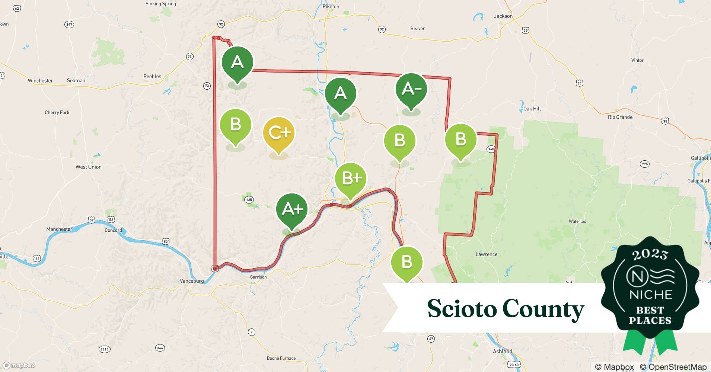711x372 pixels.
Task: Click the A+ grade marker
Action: click(x=292, y=209)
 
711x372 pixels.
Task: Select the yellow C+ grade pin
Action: click(x=279, y=133)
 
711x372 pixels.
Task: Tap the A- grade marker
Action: click(x=411, y=89)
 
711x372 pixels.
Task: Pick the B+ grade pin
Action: click(x=350, y=179)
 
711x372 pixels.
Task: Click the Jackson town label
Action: click(x=503, y=16)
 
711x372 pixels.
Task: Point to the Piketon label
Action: click(x=331, y=6)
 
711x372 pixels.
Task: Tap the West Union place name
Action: click(x=88, y=167)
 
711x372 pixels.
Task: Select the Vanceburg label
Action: click(x=192, y=281)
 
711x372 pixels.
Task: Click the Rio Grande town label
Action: click(x=620, y=117)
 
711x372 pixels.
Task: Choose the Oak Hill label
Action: click(x=532, y=109)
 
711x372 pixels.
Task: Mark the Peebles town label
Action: click(x=152, y=77)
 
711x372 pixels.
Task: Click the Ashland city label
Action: click(x=503, y=352)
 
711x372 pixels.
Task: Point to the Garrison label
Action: click(x=258, y=277)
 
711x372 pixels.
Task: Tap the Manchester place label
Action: click(x=59, y=229)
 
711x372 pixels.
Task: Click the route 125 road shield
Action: click(x=249, y=200)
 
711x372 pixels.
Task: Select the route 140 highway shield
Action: click(x=491, y=149)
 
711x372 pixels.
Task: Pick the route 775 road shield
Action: click(x=644, y=164)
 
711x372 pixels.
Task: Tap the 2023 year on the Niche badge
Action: click(x=650, y=254)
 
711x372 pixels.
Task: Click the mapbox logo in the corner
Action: click(x=19, y=365)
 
